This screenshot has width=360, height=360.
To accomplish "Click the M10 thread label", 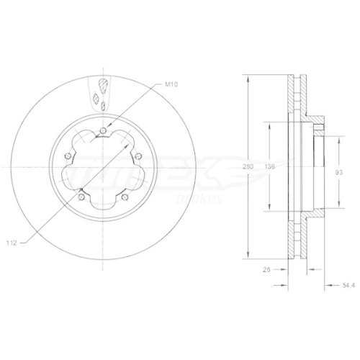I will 171,85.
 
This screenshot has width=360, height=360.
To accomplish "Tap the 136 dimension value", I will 270,167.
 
